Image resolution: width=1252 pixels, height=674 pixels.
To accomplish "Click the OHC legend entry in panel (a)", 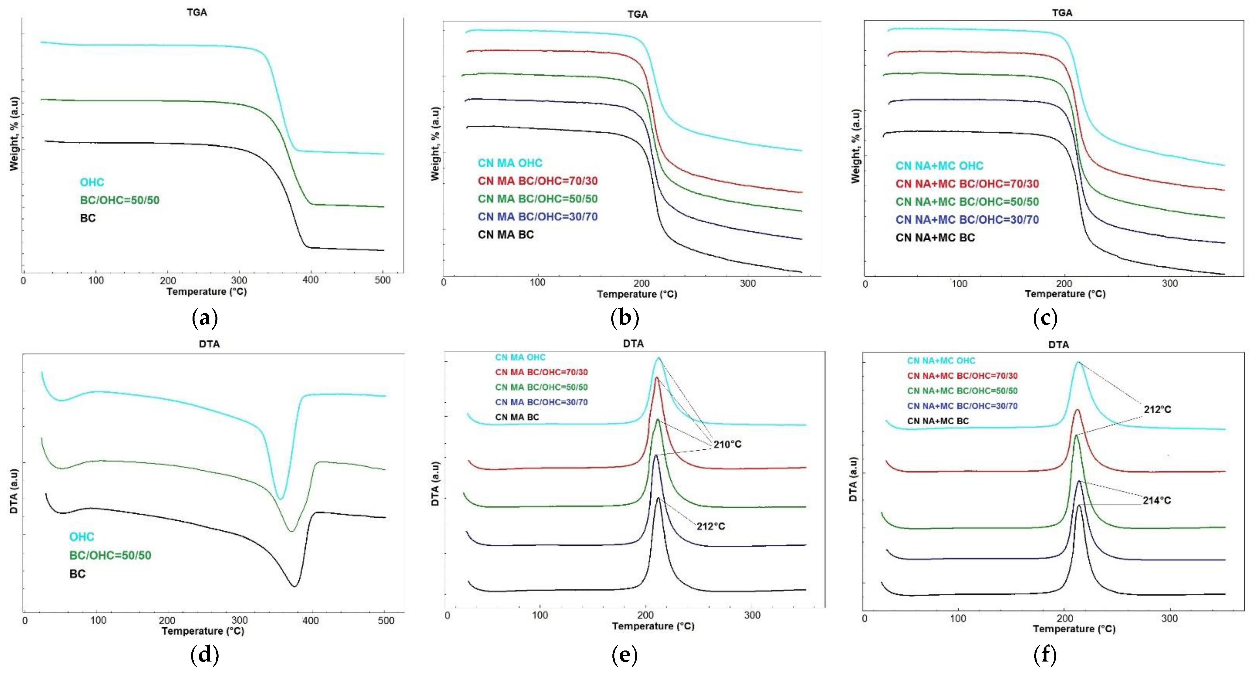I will coord(92,182).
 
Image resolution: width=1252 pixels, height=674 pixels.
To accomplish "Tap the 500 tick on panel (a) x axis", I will coord(383,280).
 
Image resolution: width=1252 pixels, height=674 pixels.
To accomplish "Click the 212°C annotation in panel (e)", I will coord(711,526).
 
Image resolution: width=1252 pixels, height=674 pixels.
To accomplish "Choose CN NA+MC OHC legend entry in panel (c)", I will coord(939,166).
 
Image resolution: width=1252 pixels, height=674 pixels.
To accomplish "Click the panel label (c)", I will coord(1045,318).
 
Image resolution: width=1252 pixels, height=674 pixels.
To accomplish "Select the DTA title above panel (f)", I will coord(1059,345).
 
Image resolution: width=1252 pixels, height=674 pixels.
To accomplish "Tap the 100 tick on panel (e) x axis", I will coord(540,615).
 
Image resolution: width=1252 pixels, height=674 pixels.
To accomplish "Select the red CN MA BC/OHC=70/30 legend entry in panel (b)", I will coord(538,181).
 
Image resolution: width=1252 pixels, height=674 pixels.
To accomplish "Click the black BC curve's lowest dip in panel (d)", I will coord(294,586).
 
